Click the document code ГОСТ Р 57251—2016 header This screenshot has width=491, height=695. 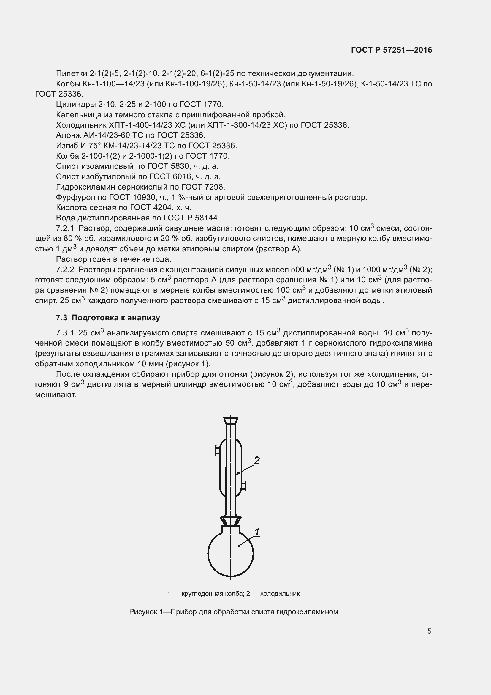pos(391,50)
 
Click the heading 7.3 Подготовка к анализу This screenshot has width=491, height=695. pos(108,318)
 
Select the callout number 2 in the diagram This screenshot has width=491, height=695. pos(257,460)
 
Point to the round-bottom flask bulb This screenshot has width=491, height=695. pos(230,554)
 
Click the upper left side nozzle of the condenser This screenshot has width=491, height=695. pos(217,451)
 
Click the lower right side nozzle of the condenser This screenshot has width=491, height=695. pos(244,486)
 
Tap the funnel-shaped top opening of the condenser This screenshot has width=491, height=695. pos(230,420)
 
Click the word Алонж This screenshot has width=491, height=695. pos(68,135)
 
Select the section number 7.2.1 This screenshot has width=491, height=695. pos(65,228)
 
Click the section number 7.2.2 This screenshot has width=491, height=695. pos(65,270)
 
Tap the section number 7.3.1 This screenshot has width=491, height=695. pos(65,333)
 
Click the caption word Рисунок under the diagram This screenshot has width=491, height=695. pos(144,612)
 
